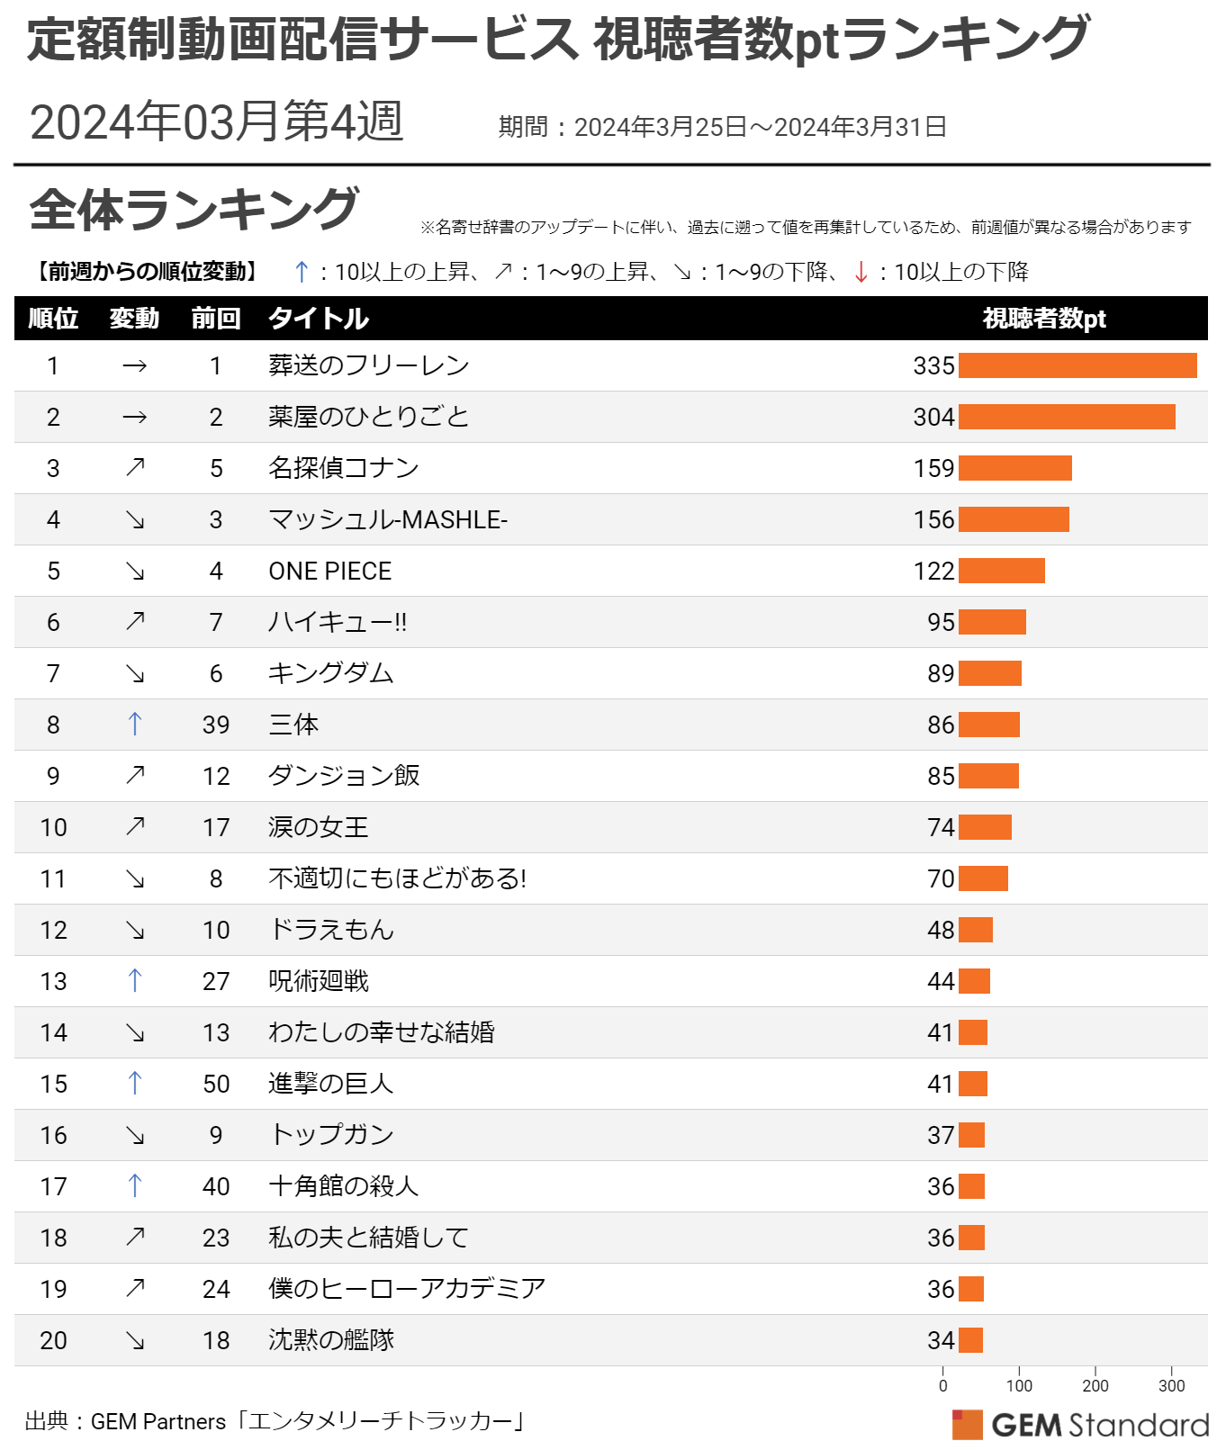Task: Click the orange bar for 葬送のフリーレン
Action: [1077, 365]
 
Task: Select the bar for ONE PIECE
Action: [1001, 571]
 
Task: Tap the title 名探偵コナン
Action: [343, 468]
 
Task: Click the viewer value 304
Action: [933, 417]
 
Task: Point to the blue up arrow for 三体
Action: [135, 725]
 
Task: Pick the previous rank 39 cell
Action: [216, 725]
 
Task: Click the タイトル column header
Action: [319, 319]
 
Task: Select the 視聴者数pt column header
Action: [1044, 319]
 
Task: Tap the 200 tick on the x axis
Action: [1095, 1386]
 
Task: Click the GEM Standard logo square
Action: [968, 1425]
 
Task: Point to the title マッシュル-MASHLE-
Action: [388, 519]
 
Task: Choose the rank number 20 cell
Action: [53, 1340]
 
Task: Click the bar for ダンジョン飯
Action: [988, 776]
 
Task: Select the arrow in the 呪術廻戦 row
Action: [135, 981]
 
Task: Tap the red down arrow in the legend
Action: [861, 272]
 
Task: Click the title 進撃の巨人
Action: [330, 1084]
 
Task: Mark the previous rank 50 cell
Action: [216, 1084]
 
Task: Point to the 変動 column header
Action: [134, 319]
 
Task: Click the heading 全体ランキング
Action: [194, 210]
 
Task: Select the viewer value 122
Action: [933, 571]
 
